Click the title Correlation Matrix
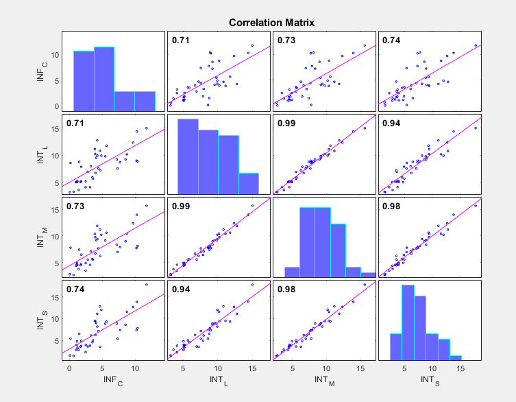[x=271, y=23]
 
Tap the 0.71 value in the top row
[x=180, y=40]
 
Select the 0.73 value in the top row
[x=286, y=40]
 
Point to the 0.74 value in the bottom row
[x=75, y=289]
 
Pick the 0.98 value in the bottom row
[x=286, y=289]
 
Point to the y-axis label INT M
[x=43, y=236]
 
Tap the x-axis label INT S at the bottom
[x=430, y=380]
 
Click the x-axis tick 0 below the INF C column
[x=69, y=368]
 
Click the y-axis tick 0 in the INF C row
[x=56, y=106]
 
